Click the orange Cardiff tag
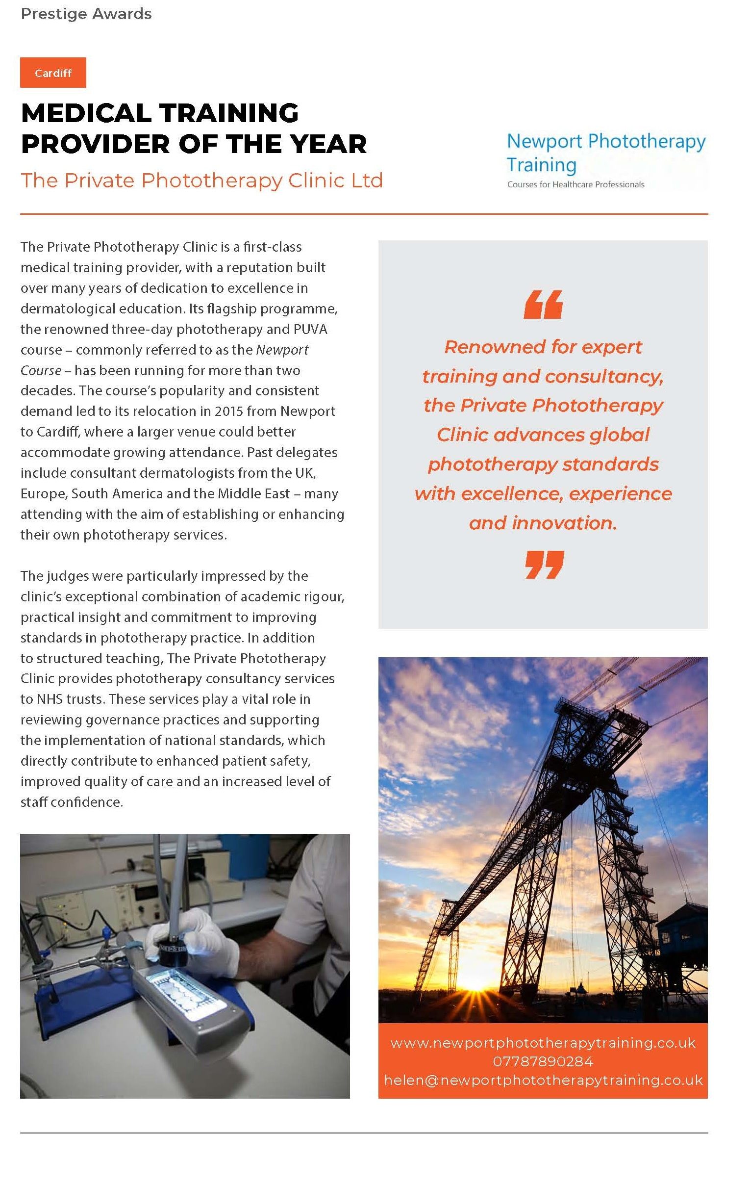(53, 73)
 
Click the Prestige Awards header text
(86, 14)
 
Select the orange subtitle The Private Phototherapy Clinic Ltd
(201, 180)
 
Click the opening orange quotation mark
(543, 305)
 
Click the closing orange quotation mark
(544, 564)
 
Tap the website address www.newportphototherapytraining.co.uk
(543, 1043)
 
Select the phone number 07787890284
(543, 1061)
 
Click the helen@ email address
(543, 1080)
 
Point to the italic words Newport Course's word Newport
(282, 349)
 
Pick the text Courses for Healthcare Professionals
(575, 184)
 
